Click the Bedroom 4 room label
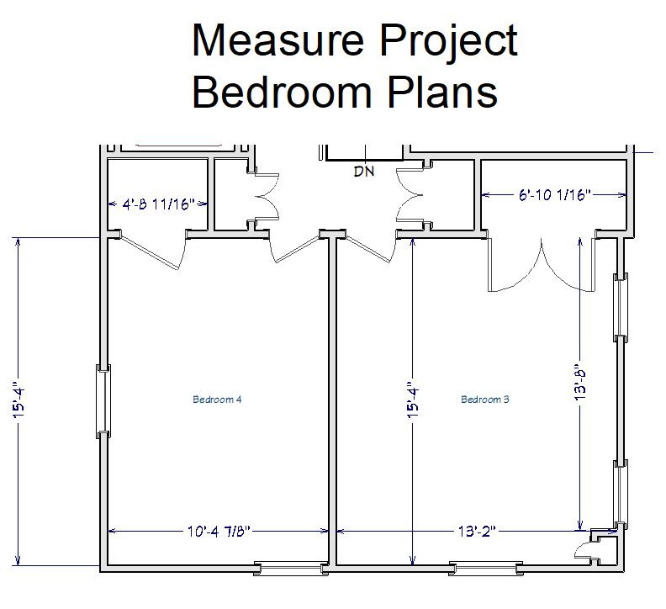218,400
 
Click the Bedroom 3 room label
485,400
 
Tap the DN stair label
363,172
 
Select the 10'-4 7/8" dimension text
219,531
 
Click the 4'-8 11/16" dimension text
159,204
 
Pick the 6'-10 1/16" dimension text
554,195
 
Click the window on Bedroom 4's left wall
103,401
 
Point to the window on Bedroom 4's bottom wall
291,569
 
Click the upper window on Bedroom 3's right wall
621,306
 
